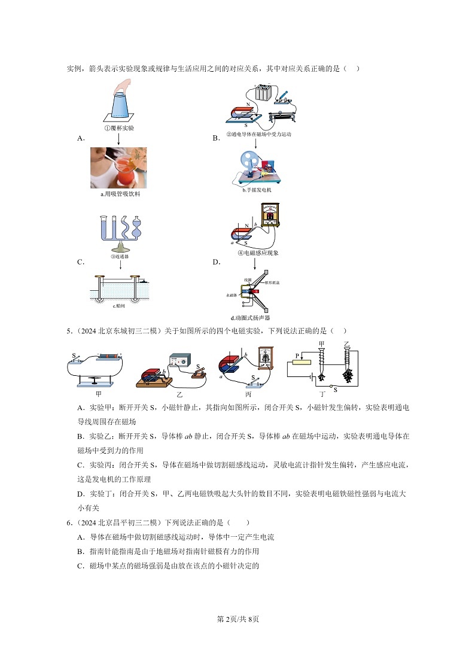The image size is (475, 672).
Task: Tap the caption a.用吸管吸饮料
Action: pyautogui.click(x=120, y=194)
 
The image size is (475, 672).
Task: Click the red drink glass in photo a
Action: pyautogui.click(x=126, y=175)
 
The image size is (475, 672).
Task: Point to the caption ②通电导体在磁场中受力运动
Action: pyautogui.click(x=258, y=135)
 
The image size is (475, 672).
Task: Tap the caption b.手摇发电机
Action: pyautogui.click(x=257, y=190)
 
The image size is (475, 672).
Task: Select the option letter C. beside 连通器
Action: pyautogui.click(x=80, y=262)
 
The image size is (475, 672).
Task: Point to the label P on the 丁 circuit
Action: pyautogui.click(x=296, y=355)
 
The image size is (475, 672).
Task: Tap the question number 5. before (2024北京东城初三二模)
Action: pyautogui.click(x=69, y=331)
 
